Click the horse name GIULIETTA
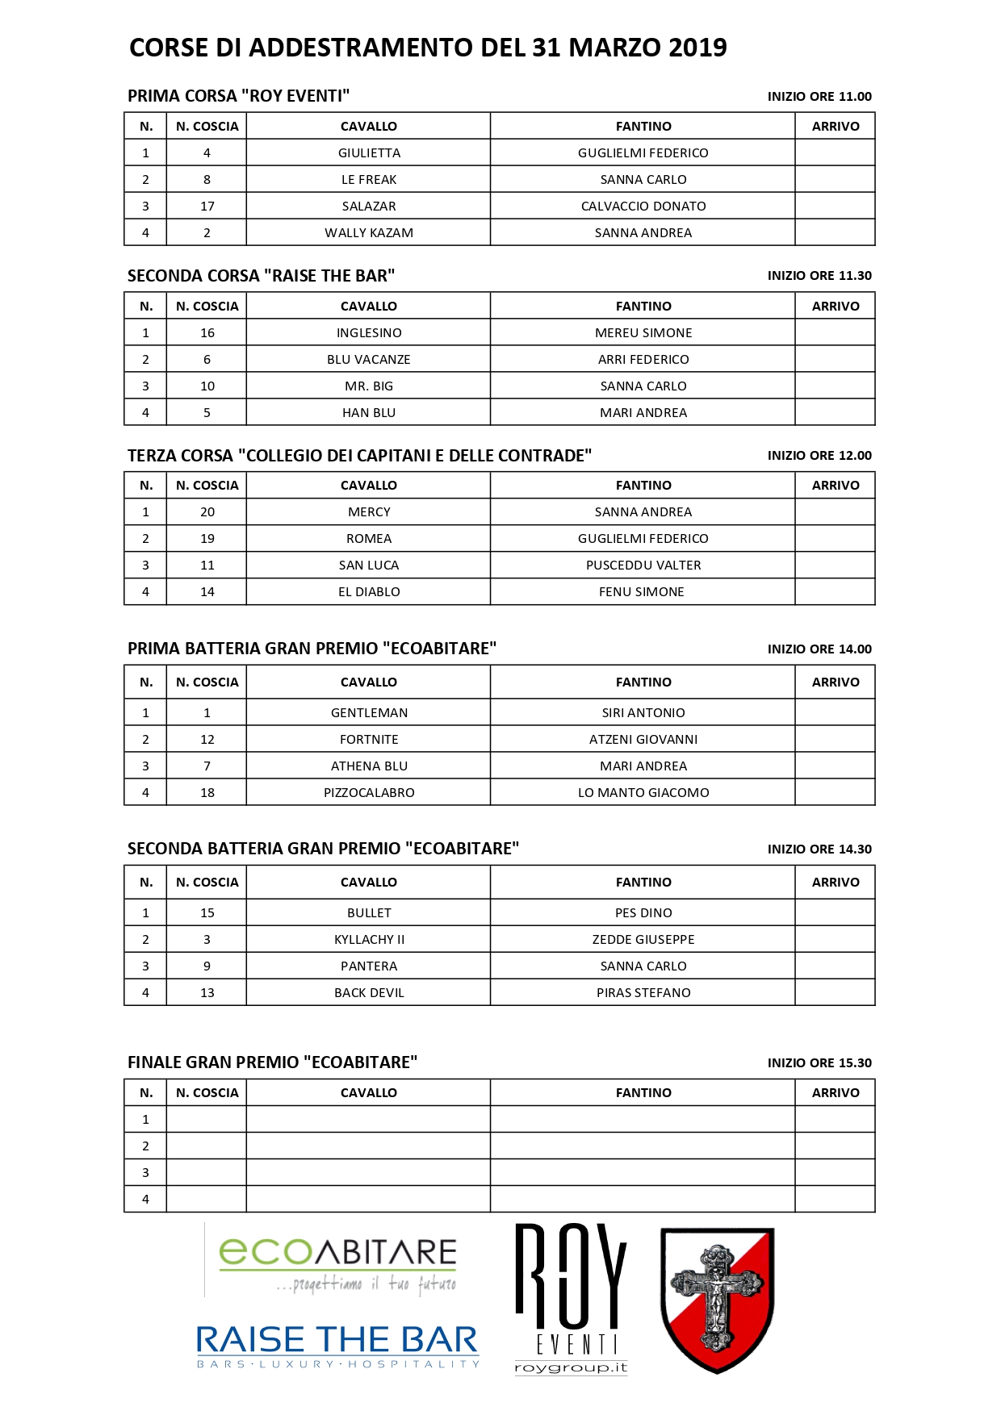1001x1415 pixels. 369,152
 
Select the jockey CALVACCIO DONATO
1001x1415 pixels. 643,206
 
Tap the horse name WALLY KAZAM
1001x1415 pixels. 369,232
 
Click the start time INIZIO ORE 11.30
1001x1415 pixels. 819,275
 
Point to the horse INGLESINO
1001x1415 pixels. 369,332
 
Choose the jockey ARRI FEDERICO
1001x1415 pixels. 643,359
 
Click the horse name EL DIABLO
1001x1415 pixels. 369,591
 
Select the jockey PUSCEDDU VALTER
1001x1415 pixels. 643,565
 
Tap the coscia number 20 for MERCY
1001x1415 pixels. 207,511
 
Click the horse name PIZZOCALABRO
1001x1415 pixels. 369,792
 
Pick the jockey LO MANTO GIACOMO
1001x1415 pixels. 643,792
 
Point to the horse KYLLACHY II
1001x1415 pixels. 369,939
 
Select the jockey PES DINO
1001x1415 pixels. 643,912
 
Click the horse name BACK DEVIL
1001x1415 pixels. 369,992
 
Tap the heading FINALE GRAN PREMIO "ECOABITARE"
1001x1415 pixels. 272,1062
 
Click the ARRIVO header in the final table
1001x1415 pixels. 836,1092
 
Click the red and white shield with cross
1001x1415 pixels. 717,1299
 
